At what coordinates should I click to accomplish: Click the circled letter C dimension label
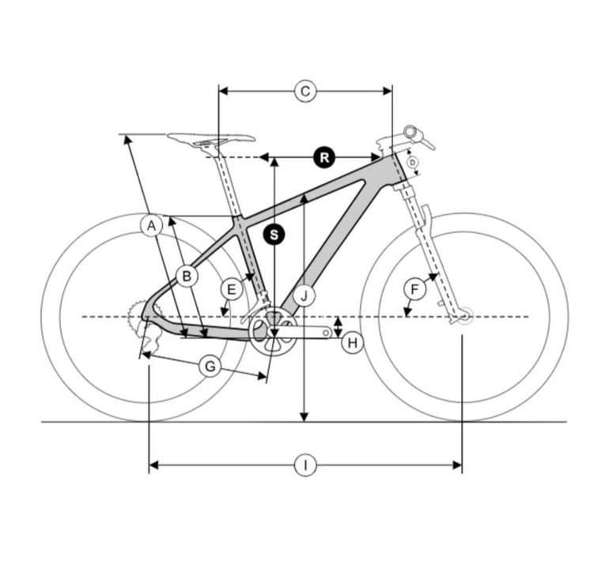(305, 92)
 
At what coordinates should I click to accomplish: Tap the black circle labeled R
(324, 157)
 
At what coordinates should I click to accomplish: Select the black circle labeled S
(274, 235)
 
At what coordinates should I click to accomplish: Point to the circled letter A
(152, 225)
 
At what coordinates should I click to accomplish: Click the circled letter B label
(187, 276)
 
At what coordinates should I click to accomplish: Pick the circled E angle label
(232, 289)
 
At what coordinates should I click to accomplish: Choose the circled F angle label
(414, 289)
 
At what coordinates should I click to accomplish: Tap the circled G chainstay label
(210, 366)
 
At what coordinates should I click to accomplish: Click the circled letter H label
(352, 343)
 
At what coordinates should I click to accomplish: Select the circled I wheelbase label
(305, 465)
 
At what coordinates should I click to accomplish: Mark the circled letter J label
(304, 296)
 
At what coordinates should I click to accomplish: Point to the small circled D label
(413, 163)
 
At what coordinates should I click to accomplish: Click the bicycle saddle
(212, 138)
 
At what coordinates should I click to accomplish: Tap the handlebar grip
(413, 133)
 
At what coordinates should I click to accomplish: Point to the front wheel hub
(464, 316)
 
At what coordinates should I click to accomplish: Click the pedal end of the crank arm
(326, 333)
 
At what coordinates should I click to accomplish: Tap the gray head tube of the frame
(401, 168)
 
